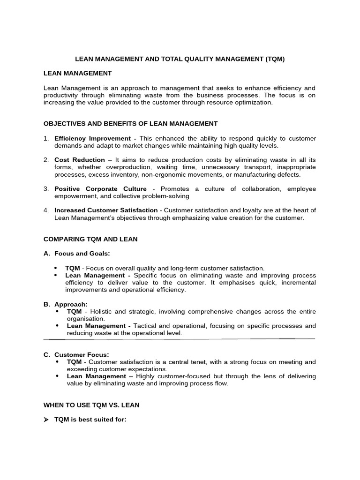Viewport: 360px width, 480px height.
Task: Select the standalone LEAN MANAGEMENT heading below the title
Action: click(77, 73)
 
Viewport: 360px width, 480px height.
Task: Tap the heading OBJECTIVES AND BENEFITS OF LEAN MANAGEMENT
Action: click(130, 124)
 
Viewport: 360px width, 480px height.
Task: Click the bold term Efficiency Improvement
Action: click(92, 139)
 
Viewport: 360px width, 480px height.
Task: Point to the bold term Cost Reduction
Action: click(80, 160)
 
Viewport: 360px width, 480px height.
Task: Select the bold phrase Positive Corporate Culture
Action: click(100, 189)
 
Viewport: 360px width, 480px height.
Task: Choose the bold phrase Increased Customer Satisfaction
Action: click(106, 210)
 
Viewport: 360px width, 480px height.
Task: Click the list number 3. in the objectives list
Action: click(46, 189)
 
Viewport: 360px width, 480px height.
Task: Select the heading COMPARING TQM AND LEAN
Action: click(90, 239)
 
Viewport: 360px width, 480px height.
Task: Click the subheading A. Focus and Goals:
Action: click(77, 254)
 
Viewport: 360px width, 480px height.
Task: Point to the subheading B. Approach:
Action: click(66, 304)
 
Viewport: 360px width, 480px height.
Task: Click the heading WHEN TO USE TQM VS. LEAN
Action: click(91, 405)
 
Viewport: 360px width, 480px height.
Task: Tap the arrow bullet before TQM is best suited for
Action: click(46, 420)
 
